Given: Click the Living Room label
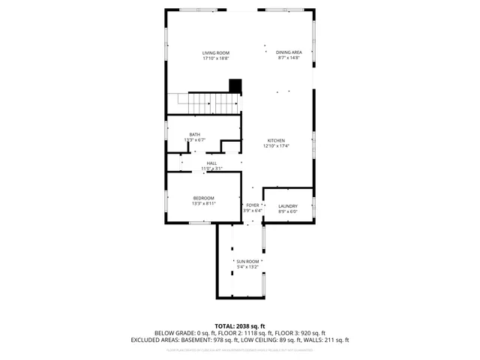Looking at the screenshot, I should [215, 52].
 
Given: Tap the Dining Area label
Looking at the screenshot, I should [289, 52].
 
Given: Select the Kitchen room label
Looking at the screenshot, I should [276, 140].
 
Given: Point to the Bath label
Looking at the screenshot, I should [194, 134].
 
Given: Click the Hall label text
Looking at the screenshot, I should [212, 163].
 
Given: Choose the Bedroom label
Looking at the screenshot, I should [203, 197].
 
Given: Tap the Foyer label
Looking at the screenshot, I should [252, 205].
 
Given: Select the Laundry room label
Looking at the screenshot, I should [288, 206].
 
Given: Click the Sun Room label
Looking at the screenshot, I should [247, 261].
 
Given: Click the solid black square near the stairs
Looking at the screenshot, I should [235, 85].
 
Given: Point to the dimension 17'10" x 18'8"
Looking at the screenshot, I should [215, 58].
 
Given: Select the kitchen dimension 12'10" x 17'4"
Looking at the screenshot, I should [276, 146].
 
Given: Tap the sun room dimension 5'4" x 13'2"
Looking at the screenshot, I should [247, 266].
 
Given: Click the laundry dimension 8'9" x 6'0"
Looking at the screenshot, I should [288, 211].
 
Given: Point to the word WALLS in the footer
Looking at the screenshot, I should [317, 340].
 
